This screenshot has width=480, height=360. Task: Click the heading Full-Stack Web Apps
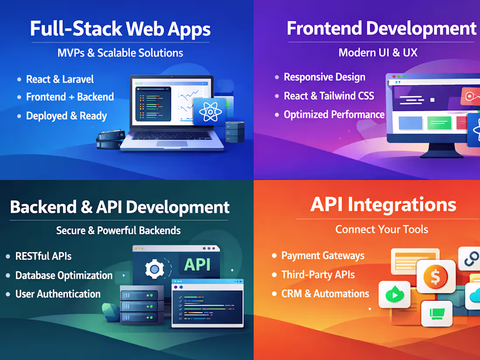click(120, 29)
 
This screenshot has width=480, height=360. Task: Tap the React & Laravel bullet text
click(60, 79)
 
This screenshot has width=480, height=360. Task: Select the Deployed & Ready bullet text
click(66, 116)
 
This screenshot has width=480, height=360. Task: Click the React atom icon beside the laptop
click(210, 111)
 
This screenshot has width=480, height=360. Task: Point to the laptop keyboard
click(172, 136)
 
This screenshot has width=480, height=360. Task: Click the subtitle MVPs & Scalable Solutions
click(120, 53)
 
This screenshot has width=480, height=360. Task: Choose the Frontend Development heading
click(381, 28)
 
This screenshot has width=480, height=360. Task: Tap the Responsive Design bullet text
click(324, 77)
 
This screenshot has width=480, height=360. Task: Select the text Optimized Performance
click(334, 115)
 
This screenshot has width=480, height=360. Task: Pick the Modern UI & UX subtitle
click(378, 53)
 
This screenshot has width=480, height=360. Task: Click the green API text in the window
click(197, 264)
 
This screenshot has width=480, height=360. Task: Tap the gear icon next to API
click(154, 270)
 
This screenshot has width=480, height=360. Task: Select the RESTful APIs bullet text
click(43, 256)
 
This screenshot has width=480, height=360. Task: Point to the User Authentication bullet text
click(58, 294)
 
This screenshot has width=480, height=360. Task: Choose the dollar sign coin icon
click(435, 277)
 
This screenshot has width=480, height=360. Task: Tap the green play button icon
click(394, 295)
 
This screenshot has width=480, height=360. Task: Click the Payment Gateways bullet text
click(322, 256)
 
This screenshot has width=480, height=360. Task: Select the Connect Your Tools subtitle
click(381, 230)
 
